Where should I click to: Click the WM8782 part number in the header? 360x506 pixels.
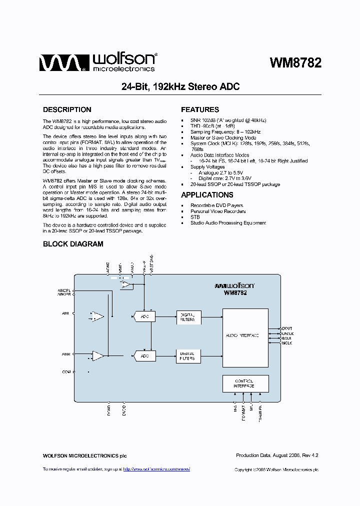295,63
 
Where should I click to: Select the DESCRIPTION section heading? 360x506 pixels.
67,109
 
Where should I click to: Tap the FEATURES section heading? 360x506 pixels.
200,109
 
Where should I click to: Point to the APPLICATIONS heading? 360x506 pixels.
207,195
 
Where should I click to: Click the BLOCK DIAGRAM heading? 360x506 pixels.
73,244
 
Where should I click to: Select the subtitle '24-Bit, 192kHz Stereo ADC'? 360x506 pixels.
180,87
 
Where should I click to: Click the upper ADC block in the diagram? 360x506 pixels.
144,316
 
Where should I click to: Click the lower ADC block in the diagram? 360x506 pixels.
144,356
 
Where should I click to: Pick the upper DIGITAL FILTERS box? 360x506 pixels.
187,316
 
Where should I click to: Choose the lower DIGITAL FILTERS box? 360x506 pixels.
187,356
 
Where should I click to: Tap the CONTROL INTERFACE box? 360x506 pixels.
245,383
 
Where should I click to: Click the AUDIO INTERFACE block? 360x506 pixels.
245,335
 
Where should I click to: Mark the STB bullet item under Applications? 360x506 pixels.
195,217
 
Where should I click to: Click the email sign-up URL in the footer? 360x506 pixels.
156,469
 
